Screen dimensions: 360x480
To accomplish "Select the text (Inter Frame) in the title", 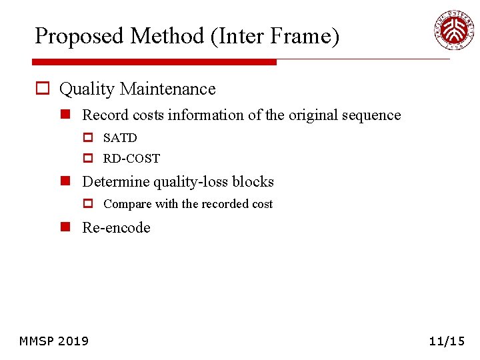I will [275, 36].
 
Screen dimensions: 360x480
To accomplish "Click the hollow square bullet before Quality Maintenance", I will [43, 89].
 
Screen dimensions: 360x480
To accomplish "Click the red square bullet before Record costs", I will [66, 115].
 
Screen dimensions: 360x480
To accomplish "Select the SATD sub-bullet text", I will [120, 138].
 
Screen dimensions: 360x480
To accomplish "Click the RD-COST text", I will [131, 159].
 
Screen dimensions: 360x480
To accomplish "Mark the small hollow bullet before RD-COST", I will [87, 159].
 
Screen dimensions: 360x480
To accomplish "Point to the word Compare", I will [127, 204].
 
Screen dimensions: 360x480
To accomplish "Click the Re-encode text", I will [116, 227].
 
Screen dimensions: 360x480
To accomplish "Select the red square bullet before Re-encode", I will [66, 227].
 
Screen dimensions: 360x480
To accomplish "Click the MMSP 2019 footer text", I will [54, 341].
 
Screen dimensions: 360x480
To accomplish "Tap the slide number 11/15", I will [447, 341].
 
